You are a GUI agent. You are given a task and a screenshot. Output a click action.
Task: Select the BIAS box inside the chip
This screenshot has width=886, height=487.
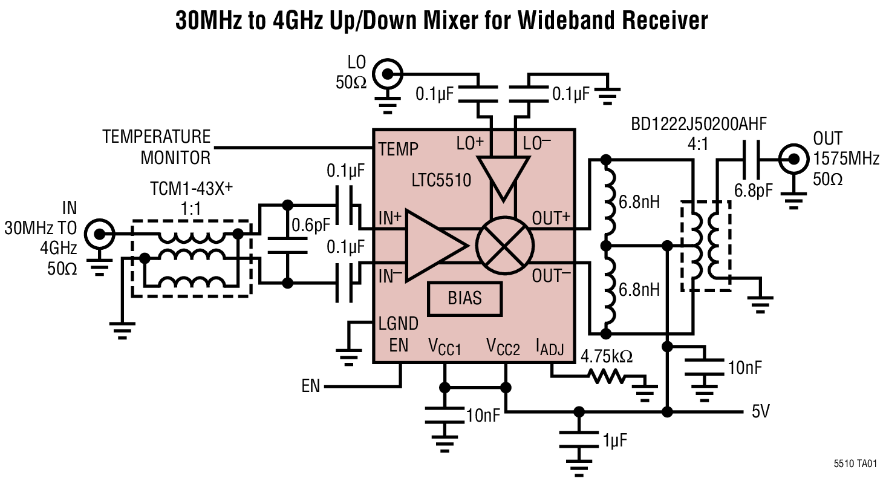(x=464, y=299)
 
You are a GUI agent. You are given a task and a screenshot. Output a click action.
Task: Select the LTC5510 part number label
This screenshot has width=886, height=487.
(x=441, y=180)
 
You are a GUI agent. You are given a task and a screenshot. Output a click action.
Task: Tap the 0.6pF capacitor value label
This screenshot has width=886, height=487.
(x=311, y=225)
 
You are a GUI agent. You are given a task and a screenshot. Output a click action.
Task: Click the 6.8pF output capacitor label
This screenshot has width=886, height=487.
(x=753, y=191)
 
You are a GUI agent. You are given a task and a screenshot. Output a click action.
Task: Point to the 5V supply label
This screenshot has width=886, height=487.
(x=760, y=412)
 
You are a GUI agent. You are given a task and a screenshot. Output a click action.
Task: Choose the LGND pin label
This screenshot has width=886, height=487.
(x=398, y=324)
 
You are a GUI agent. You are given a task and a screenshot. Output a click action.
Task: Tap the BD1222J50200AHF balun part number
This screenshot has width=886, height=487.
(x=699, y=125)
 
